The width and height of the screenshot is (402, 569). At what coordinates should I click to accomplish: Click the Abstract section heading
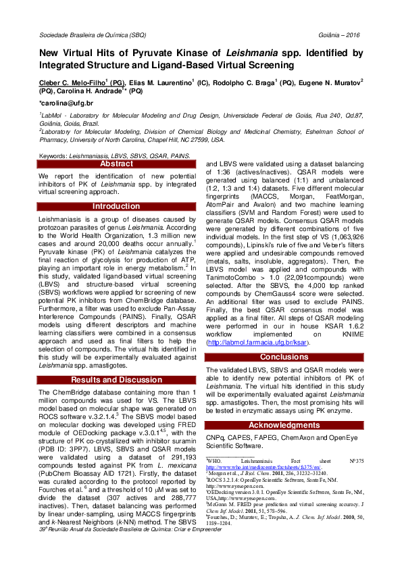click(x=116, y=164)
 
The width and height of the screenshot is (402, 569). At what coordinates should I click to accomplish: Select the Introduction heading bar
click(x=116, y=206)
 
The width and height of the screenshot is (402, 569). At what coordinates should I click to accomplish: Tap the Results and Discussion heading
click(x=116, y=380)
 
